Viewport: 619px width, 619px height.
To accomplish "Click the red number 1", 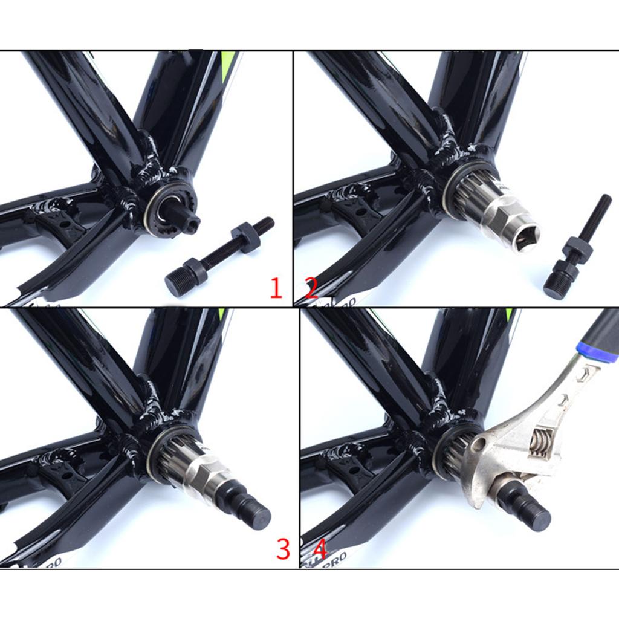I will click(x=276, y=288).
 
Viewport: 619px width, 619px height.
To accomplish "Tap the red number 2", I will click(x=311, y=288).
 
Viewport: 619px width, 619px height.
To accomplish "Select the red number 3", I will click(x=283, y=549).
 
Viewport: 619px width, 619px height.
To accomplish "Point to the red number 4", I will click(x=320, y=549).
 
